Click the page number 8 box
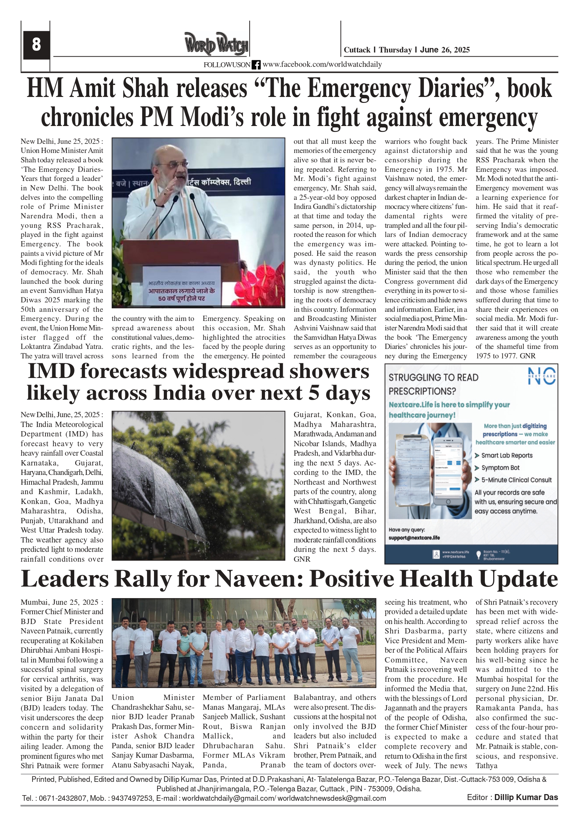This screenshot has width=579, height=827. click(36, 45)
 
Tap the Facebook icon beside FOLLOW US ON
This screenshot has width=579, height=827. click(256, 65)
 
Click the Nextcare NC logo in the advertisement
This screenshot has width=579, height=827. click(542, 376)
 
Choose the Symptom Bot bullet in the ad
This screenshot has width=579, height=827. click(500, 468)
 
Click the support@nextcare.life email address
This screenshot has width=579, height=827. click(414, 538)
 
